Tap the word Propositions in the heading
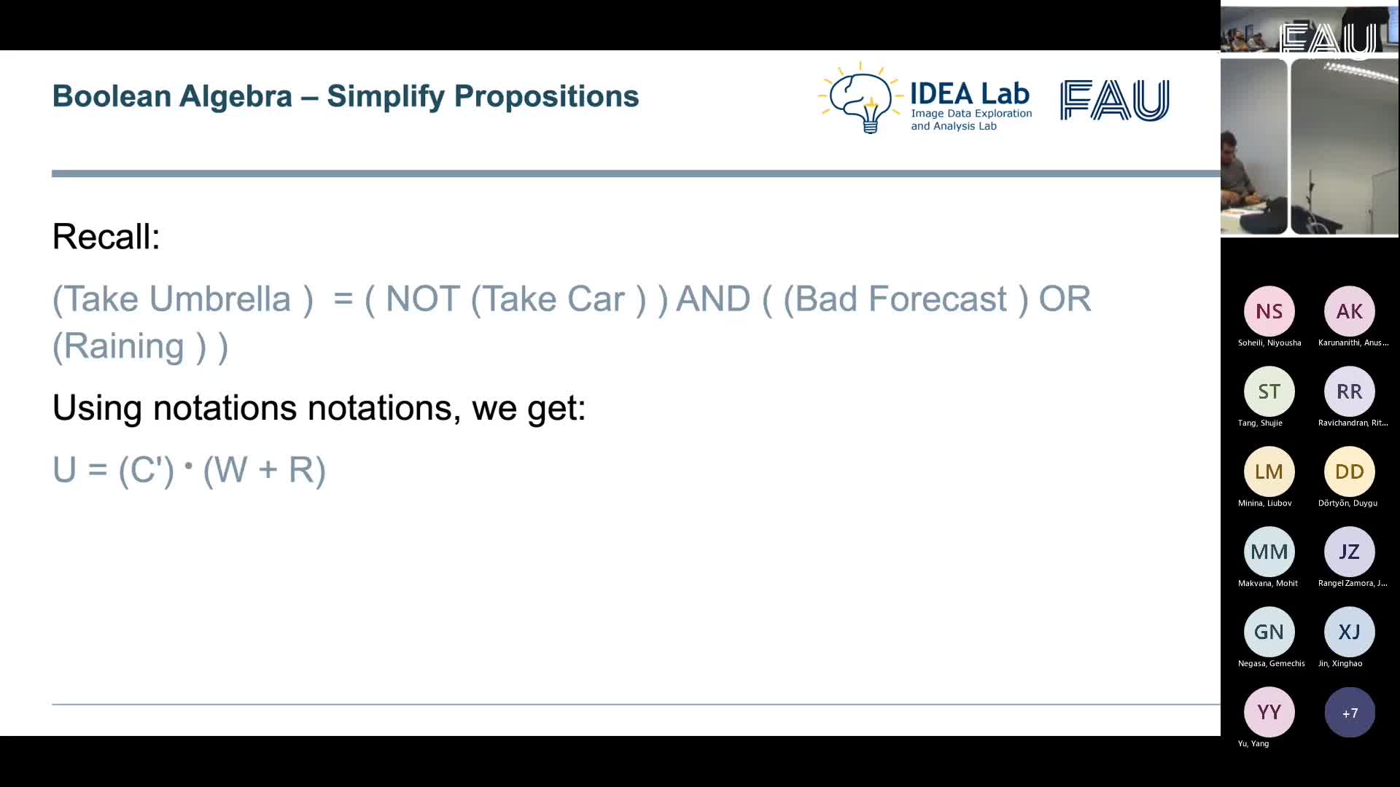pyautogui.click(x=546, y=97)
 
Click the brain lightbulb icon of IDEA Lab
pyautogui.click(x=860, y=98)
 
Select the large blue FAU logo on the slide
pyautogui.click(x=1114, y=100)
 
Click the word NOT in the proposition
pyautogui.click(x=422, y=299)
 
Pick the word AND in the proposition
pyautogui.click(x=712, y=299)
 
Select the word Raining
pyautogui.click(x=123, y=346)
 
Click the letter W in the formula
pyautogui.click(x=231, y=470)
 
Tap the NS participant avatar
pyautogui.click(x=1269, y=311)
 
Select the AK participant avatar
pyautogui.click(x=1349, y=311)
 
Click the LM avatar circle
pyautogui.click(x=1269, y=471)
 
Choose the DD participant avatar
pyautogui.click(x=1349, y=471)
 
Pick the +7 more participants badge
pyautogui.click(x=1349, y=712)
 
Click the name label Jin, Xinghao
pyautogui.click(x=1340, y=663)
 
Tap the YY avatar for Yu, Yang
pyautogui.click(x=1269, y=712)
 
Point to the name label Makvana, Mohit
pyautogui.click(x=1268, y=583)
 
